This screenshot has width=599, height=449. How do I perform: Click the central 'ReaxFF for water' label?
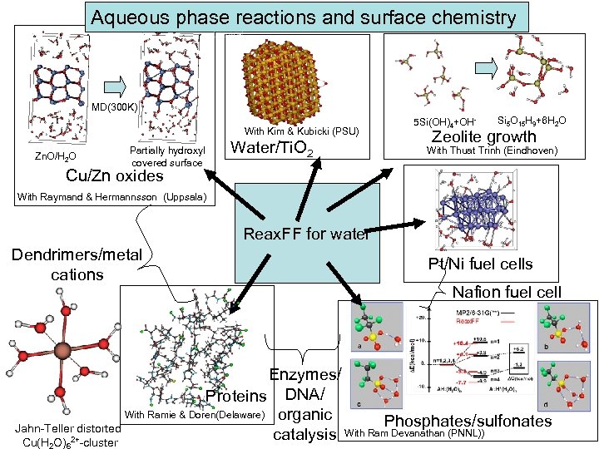point(305,234)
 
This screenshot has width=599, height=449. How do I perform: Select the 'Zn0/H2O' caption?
point(55,156)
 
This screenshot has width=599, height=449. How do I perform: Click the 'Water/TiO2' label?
point(271,150)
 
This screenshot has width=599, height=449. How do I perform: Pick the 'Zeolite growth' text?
point(488,136)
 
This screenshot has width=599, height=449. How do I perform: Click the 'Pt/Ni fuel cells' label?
point(480,264)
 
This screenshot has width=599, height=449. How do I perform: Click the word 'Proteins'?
point(235,395)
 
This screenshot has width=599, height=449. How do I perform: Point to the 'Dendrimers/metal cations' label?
point(77,264)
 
